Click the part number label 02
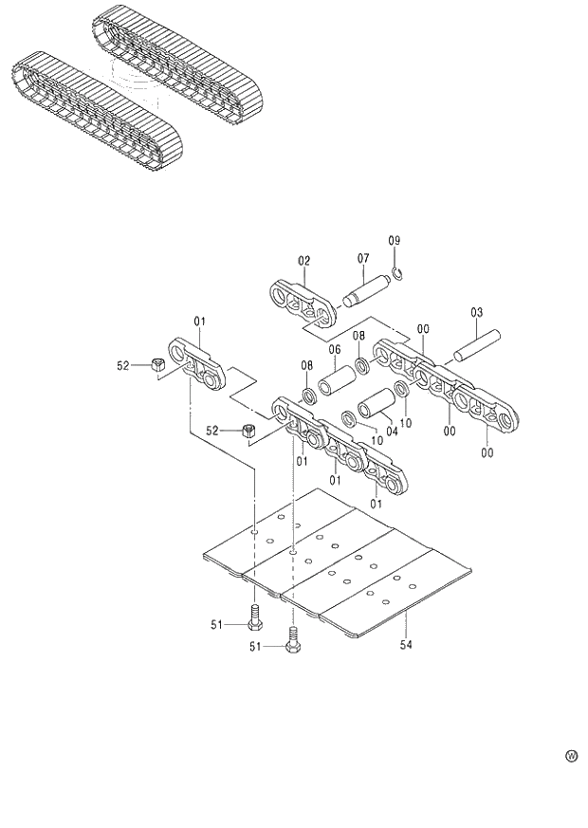coord(303,260)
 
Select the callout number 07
coord(362,258)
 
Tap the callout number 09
coord(395,241)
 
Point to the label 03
coord(476,312)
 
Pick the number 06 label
coord(334,350)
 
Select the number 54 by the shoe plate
coord(406,646)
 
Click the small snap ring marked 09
coord(399,276)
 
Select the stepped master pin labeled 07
coord(367,290)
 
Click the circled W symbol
coord(571,756)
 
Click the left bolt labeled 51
coord(254,616)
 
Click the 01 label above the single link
coord(200,322)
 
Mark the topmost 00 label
coord(423,329)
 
